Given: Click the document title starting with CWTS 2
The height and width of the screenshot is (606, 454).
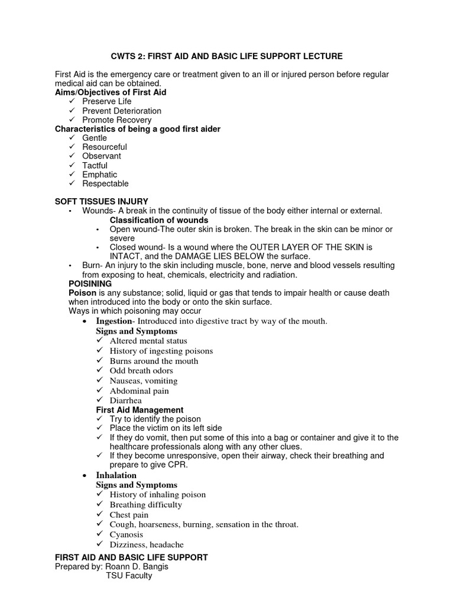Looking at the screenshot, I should [226, 56].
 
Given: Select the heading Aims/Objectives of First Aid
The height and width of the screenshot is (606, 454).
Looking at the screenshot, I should [111, 92].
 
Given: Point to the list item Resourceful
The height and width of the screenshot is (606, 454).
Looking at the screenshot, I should [104, 147].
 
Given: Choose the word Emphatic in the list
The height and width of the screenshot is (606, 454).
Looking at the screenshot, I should [99, 175].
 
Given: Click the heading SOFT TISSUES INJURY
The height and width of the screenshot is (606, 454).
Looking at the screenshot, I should [101, 202].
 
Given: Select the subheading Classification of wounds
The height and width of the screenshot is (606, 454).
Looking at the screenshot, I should [159, 220].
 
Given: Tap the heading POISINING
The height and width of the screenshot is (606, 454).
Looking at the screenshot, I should [90, 284].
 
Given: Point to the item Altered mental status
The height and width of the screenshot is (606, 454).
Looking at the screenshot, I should [148, 341].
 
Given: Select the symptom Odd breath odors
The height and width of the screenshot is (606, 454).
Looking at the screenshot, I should [141, 371].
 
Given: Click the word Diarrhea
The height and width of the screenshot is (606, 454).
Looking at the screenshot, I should [125, 401].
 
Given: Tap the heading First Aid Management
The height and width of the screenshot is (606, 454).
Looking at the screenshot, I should [140, 410].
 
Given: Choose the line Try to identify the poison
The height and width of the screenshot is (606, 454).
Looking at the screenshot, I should [155, 419].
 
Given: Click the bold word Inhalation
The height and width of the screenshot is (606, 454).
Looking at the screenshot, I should [116, 475].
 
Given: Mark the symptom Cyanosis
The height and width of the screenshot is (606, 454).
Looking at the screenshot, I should [127, 534].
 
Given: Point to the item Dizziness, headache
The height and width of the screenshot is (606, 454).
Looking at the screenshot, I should [147, 544].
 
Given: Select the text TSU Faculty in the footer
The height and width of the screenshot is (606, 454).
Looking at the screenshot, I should [129, 575].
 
